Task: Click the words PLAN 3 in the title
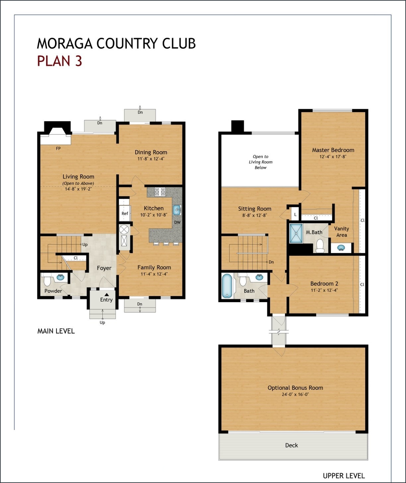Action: (x=59, y=61)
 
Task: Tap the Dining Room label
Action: (x=151, y=152)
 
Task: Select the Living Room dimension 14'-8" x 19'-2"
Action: (x=78, y=189)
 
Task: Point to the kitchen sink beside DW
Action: (x=176, y=210)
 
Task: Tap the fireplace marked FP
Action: (x=56, y=139)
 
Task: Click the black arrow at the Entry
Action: (x=106, y=294)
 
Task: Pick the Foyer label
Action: (x=104, y=268)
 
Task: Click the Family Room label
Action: (x=154, y=267)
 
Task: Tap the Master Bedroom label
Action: (x=333, y=150)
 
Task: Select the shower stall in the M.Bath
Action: (x=296, y=234)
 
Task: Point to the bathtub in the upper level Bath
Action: (x=227, y=286)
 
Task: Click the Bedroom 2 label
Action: (x=324, y=284)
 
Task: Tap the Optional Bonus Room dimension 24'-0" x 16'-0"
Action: (x=295, y=395)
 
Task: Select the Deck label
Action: (x=292, y=445)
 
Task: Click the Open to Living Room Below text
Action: (x=261, y=162)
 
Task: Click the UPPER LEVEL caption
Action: (x=344, y=476)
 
